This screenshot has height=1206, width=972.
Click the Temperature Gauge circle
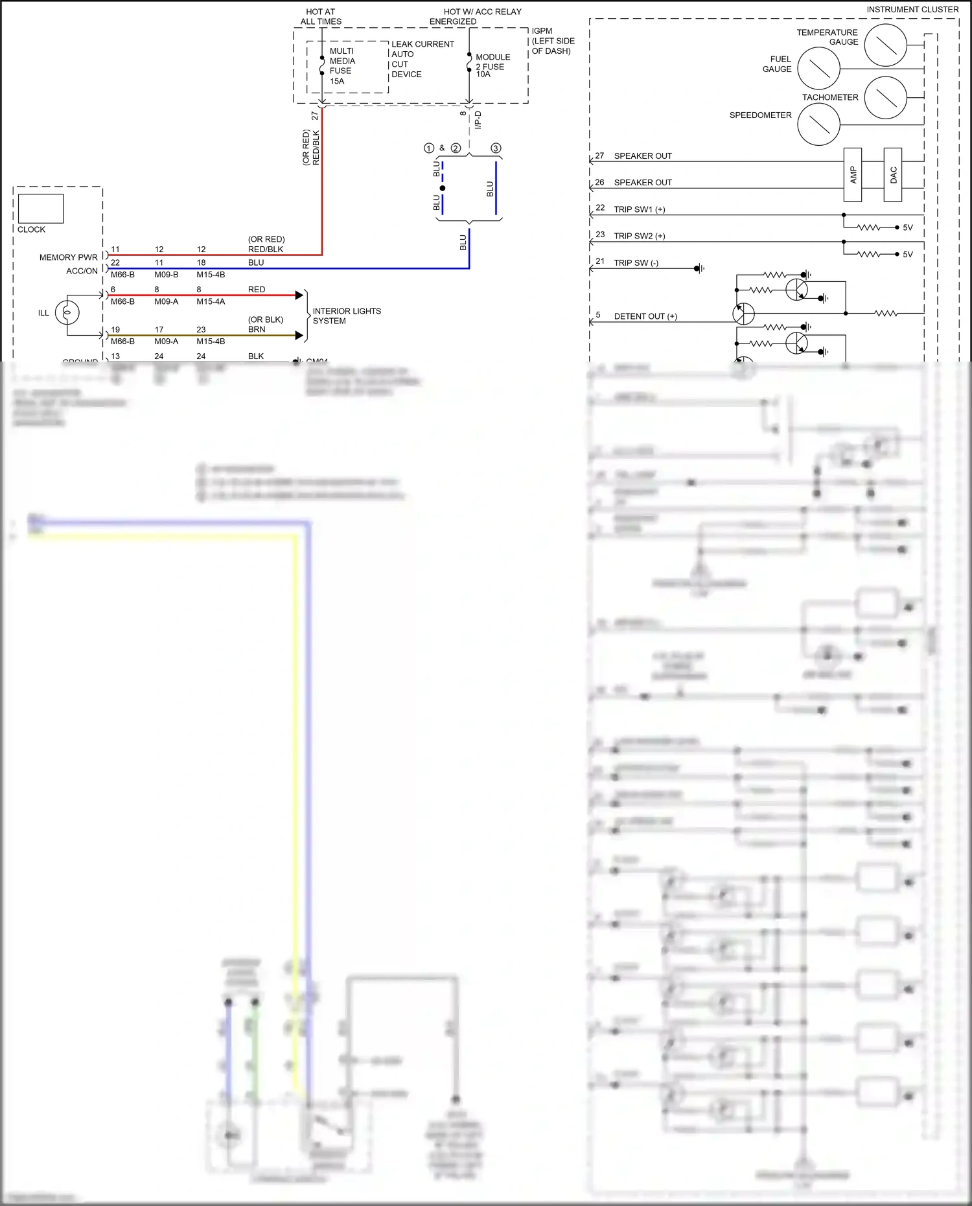point(885,45)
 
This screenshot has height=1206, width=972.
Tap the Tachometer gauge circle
point(885,97)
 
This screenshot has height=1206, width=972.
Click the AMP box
point(853,174)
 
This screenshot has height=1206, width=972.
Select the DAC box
point(893,174)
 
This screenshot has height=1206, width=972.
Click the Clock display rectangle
point(41,209)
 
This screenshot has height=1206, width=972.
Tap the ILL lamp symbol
point(67,313)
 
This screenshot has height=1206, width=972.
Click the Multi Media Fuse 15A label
point(341,65)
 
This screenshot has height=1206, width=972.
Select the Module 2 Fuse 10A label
point(492,65)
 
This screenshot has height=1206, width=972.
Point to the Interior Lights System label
point(346,316)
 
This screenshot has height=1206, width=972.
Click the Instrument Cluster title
point(912,10)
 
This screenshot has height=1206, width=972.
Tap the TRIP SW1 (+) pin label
point(639,209)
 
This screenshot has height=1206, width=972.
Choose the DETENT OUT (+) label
point(645,316)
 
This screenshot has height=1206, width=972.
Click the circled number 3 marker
point(496,148)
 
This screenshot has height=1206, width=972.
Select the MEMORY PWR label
point(68,257)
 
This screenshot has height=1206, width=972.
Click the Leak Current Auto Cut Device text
point(422,59)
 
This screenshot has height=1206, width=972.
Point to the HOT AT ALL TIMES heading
point(321,16)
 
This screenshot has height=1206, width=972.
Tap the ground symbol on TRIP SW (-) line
point(699,268)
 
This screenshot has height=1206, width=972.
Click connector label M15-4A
point(211,301)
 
